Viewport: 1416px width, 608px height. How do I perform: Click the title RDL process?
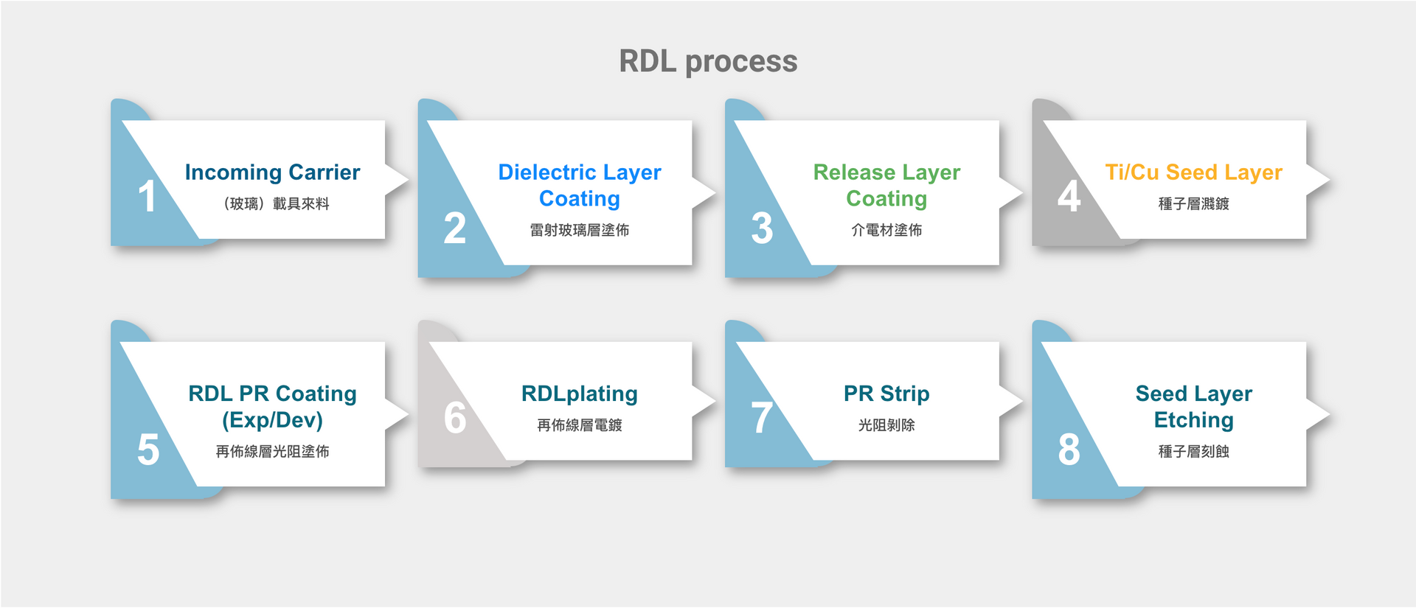(708, 61)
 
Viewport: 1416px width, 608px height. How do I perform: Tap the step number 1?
(147, 197)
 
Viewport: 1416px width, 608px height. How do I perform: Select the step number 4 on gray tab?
(1069, 197)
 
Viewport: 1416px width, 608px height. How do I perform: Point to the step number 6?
(455, 418)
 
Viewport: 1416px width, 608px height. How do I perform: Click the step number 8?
(1069, 450)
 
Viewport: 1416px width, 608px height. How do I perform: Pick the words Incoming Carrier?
(272, 172)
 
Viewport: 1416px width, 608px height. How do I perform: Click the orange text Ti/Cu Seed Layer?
(1193, 172)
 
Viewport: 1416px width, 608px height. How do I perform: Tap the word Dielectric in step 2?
(546, 172)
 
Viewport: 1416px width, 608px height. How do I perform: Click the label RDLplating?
(579, 394)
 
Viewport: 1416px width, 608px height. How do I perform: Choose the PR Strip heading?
(886, 394)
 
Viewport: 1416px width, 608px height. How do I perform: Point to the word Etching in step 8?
(1193, 420)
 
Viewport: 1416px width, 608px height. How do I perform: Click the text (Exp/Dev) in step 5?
(272, 420)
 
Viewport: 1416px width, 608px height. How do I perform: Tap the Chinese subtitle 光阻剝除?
(886, 425)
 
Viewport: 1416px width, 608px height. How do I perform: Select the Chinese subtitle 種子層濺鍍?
(1193, 204)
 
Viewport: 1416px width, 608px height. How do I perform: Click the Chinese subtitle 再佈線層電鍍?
(579, 425)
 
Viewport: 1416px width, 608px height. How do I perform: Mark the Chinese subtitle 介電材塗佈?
(886, 230)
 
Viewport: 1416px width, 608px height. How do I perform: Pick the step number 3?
(762, 228)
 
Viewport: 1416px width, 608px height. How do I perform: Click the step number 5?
(147, 450)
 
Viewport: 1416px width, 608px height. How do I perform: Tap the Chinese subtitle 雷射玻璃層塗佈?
(579, 230)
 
